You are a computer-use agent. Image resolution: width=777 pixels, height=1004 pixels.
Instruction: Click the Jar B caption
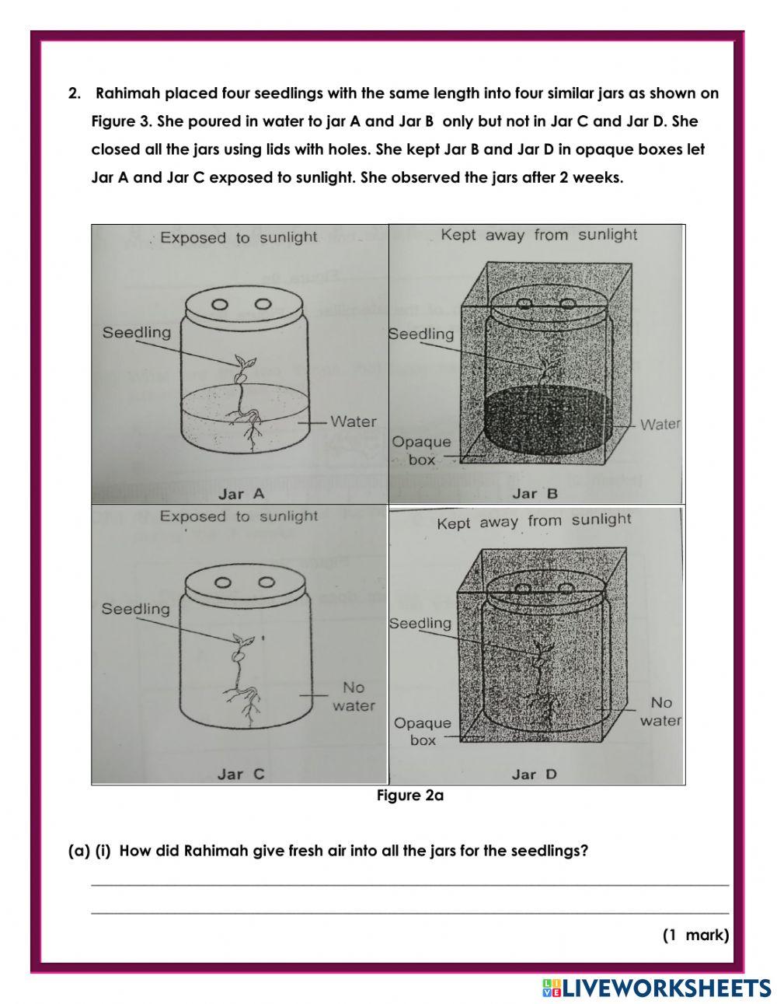click(x=535, y=493)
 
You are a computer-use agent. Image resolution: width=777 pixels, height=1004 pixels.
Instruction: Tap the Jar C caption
click(x=241, y=774)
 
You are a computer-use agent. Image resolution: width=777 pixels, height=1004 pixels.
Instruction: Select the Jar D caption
click(x=535, y=774)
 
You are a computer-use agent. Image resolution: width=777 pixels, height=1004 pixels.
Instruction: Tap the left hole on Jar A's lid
click(x=221, y=304)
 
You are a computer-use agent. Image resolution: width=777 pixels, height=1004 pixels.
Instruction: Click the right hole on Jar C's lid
click(x=267, y=582)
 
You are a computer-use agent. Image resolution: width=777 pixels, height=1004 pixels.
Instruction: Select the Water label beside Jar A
click(x=353, y=422)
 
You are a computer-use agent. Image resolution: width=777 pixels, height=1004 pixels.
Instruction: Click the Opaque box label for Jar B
click(x=421, y=450)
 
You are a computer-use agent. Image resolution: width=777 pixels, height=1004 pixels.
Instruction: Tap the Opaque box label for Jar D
click(x=422, y=731)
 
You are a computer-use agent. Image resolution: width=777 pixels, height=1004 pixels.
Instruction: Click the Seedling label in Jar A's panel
click(x=137, y=333)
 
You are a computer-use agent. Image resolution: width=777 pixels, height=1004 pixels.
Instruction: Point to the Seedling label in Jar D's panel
click(x=420, y=623)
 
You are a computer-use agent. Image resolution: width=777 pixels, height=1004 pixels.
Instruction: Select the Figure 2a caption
click(x=409, y=796)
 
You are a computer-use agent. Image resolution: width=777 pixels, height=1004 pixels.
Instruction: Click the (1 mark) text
click(x=695, y=935)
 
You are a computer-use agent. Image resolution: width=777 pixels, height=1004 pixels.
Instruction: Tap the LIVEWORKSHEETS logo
click(x=657, y=988)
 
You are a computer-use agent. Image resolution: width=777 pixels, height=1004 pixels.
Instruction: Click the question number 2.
click(x=75, y=94)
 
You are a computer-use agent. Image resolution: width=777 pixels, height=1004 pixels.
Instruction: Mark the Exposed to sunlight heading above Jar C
click(x=239, y=516)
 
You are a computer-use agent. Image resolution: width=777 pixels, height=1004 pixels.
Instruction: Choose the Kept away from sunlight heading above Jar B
click(x=538, y=235)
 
